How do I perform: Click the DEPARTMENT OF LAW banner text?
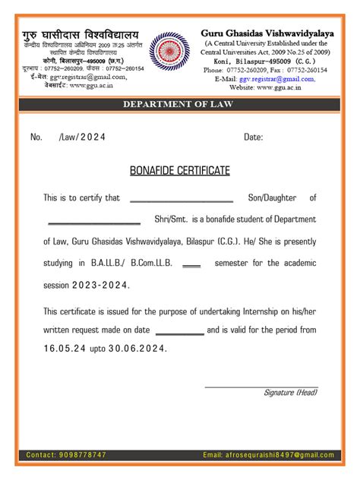click(180, 104)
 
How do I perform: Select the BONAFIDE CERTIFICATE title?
click(180, 171)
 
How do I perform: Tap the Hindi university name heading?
click(81, 36)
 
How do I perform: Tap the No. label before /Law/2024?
click(36, 137)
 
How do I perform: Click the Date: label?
click(253, 137)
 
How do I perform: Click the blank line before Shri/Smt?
click(94, 223)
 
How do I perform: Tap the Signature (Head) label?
click(290, 392)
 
